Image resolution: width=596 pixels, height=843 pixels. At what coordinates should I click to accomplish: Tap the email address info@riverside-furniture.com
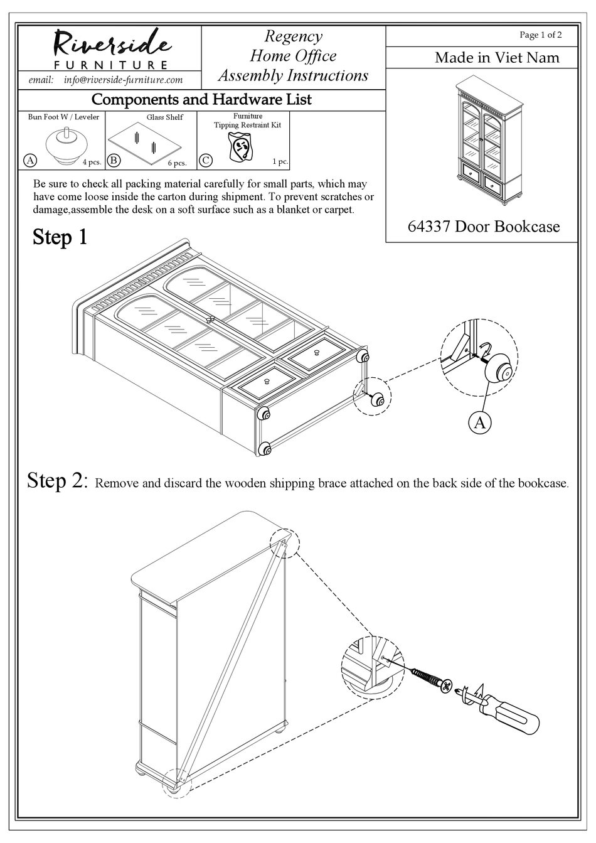pos(123,80)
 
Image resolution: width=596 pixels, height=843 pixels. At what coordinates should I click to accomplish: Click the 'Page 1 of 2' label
pos(540,35)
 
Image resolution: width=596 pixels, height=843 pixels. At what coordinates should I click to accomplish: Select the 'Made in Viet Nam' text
pos(497,58)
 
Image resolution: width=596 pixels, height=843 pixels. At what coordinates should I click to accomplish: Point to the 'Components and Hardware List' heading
pos(201,100)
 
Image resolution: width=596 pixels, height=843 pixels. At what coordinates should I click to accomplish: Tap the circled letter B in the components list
pos(114,160)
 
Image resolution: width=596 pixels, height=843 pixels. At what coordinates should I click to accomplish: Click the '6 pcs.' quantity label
pos(177,163)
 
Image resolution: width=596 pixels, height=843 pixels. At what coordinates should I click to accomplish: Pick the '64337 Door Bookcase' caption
pos(483,227)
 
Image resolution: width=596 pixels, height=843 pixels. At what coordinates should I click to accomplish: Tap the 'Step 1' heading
pos(60,237)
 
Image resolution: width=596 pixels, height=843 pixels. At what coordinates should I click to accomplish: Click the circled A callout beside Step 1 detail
pos(479,422)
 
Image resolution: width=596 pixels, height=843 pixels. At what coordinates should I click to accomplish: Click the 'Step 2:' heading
pos(56,481)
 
